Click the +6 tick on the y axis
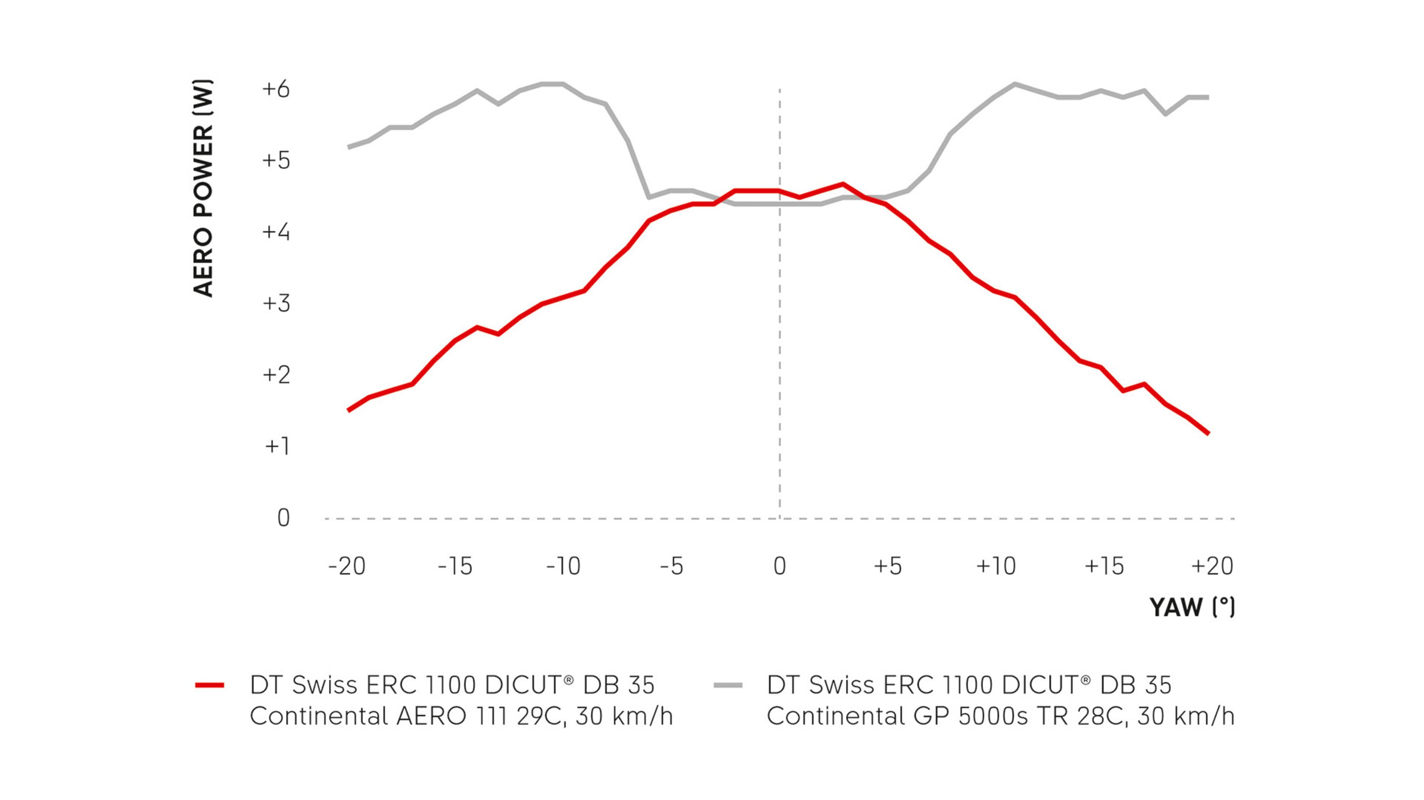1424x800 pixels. (275, 89)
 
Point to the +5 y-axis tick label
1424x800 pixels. (275, 161)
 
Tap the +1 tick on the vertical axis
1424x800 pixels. (277, 446)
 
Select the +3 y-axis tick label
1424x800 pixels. (275, 303)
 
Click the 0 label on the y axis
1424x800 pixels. (283, 518)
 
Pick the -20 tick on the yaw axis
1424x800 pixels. (347, 566)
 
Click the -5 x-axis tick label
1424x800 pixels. (671, 566)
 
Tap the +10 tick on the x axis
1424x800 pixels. (995, 566)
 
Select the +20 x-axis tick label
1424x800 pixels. (1212, 566)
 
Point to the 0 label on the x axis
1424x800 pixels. (780, 566)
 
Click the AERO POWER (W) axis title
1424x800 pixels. (203, 188)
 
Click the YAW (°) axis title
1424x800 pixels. (1192, 607)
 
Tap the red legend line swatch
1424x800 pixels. (210, 685)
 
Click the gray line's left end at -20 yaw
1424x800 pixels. (348, 147)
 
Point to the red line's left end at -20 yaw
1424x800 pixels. (348, 410)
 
